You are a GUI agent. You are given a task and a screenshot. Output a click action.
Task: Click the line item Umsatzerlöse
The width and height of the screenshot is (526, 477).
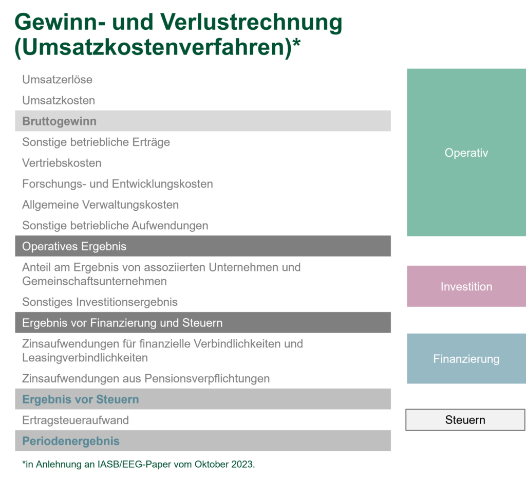pyautogui.click(x=57, y=80)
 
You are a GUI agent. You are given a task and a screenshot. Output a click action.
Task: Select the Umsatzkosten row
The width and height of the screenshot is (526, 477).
pyautogui.click(x=59, y=101)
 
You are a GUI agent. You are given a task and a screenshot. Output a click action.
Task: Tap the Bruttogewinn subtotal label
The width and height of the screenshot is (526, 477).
pyautogui.click(x=59, y=122)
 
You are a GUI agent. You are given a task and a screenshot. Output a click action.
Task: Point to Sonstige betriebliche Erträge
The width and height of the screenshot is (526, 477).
pyautogui.click(x=96, y=142)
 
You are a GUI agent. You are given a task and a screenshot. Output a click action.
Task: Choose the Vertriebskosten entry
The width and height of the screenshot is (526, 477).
pyautogui.click(x=62, y=163)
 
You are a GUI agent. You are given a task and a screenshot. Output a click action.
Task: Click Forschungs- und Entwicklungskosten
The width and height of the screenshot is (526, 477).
pyautogui.click(x=118, y=184)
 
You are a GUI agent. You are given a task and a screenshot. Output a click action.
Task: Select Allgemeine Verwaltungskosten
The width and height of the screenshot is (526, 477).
pyautogui.click(x=100, y=205)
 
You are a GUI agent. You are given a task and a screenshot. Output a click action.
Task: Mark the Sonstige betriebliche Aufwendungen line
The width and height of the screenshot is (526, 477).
pyautogui.click(x=115, y=226)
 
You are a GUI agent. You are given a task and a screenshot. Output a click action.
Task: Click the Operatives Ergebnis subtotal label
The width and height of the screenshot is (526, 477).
pyautogui.click(x=74, y=247)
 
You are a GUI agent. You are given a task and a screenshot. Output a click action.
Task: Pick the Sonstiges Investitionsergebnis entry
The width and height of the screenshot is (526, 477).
pyautogui.click(x=100, y=302)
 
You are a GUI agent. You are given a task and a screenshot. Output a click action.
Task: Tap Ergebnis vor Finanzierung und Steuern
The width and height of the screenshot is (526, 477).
pyautogui.click(x=122, y=323)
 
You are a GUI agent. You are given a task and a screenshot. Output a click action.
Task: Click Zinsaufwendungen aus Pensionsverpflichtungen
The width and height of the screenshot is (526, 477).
pyautogui.click(x=146, y=379)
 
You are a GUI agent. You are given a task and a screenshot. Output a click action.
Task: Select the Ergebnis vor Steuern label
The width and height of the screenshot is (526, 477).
pyautogui.click(x=81, y=399)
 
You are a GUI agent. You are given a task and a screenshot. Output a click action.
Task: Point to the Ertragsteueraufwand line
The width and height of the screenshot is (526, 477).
pyautogui.click(x=76, y=420)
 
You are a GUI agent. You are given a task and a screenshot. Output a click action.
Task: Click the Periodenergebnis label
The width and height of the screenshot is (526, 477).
pyautogui.click(x=71, y=441)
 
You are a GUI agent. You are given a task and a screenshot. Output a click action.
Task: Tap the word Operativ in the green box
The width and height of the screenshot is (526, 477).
pyautogui.click(x=466, y=153)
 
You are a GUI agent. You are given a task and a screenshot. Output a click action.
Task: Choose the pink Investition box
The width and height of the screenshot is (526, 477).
pyautogui.click(x=466, y=286)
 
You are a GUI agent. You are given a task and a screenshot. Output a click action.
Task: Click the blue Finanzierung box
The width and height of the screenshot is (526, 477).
pyautogui.click(x=466, y=359)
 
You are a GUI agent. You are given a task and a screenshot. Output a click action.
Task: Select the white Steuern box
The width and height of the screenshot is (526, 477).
pyautogui.click(x=465, y=420)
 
